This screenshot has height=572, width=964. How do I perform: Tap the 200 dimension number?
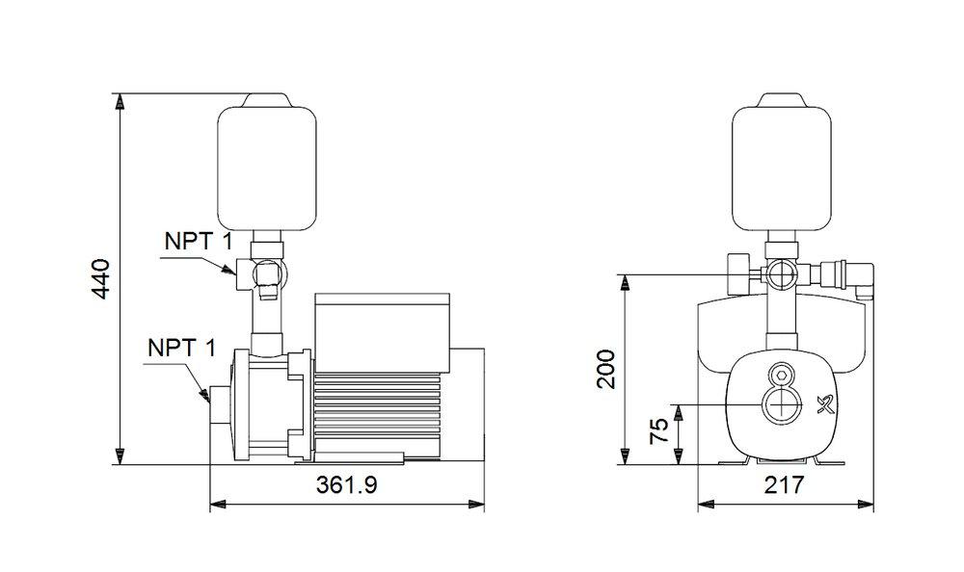[605, 368]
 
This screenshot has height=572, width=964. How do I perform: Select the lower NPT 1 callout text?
[180, 348]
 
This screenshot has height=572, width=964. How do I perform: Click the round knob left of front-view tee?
[736, 273]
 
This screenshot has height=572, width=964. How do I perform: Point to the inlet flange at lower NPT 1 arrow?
[215, 404]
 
